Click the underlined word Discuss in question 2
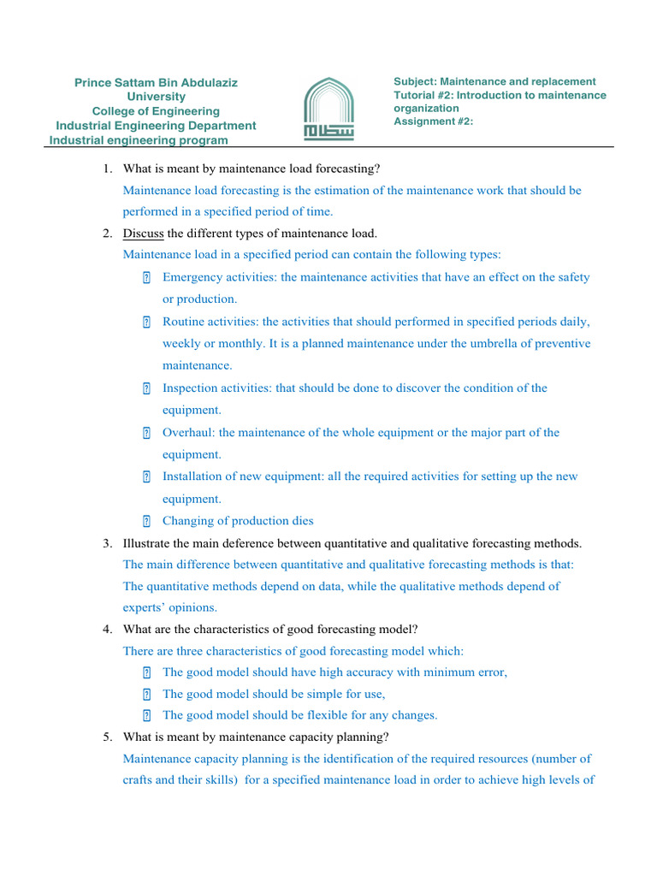coord(143,233)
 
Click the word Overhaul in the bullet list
coord(188,433)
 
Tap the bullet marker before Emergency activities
coord(146,277)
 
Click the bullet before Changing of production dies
coord(146,521)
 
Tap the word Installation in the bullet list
coord(192,476)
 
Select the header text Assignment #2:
coord(433,121)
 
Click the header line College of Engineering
coord(156,111)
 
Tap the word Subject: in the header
coord(415,82)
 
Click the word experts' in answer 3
coord(146,607)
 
